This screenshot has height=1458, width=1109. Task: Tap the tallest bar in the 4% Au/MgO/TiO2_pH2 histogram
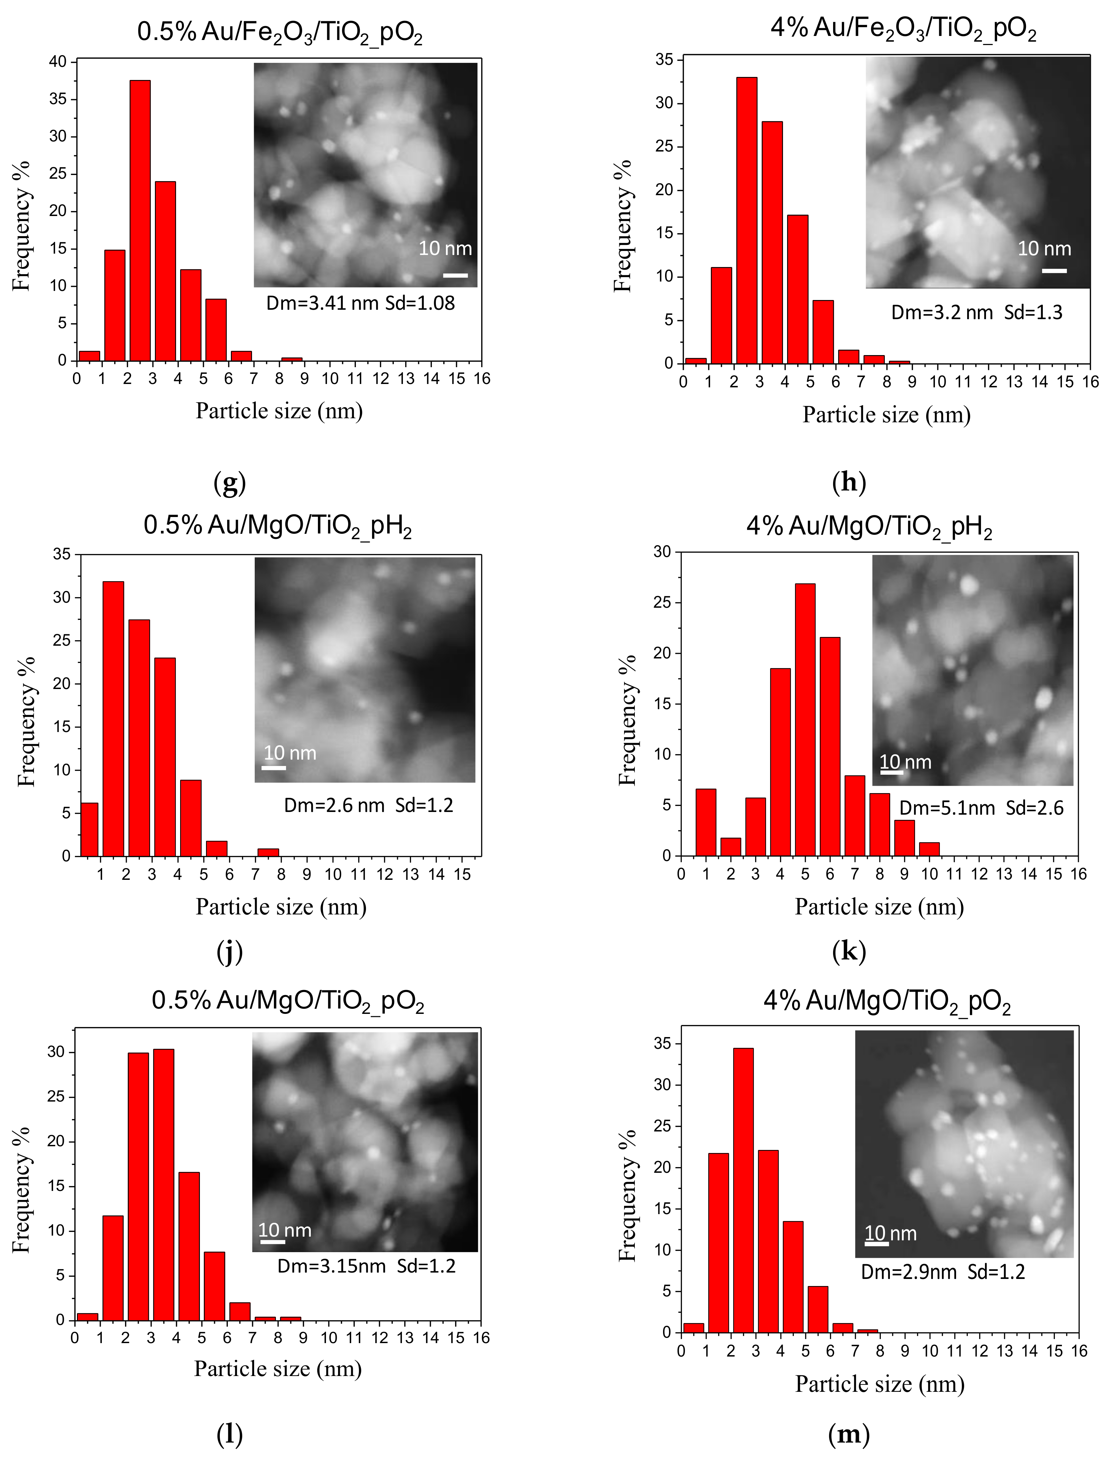pyautogui.click(x=805, y=719)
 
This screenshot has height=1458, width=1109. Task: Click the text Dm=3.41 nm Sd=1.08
pyautogui.click(x=360, y=303)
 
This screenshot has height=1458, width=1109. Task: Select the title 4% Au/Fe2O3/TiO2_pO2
pyautogui.click(x=903, y=29)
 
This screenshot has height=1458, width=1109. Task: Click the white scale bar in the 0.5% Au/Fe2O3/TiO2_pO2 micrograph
pyautogui.click(x=455, y=275)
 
